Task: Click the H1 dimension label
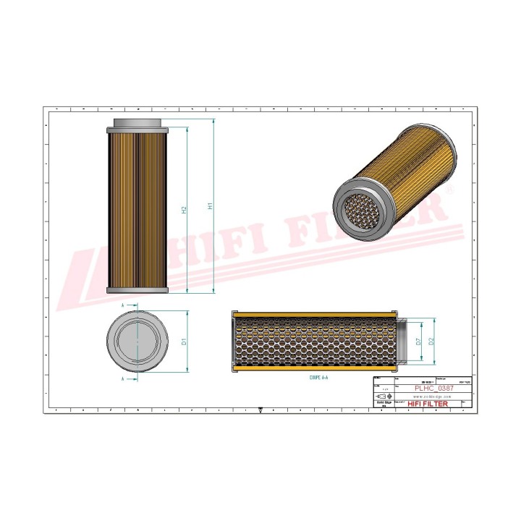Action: (x=211, y=206)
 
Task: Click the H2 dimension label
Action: (x=185, y=209)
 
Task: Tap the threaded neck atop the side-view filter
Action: (x=137, y=122)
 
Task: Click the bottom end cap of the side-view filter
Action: (x=137, y=290)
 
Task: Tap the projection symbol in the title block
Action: (x=383, y=397)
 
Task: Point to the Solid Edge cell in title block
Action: (x=384, y=404)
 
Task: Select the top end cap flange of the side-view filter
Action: (x=137, y=130)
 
